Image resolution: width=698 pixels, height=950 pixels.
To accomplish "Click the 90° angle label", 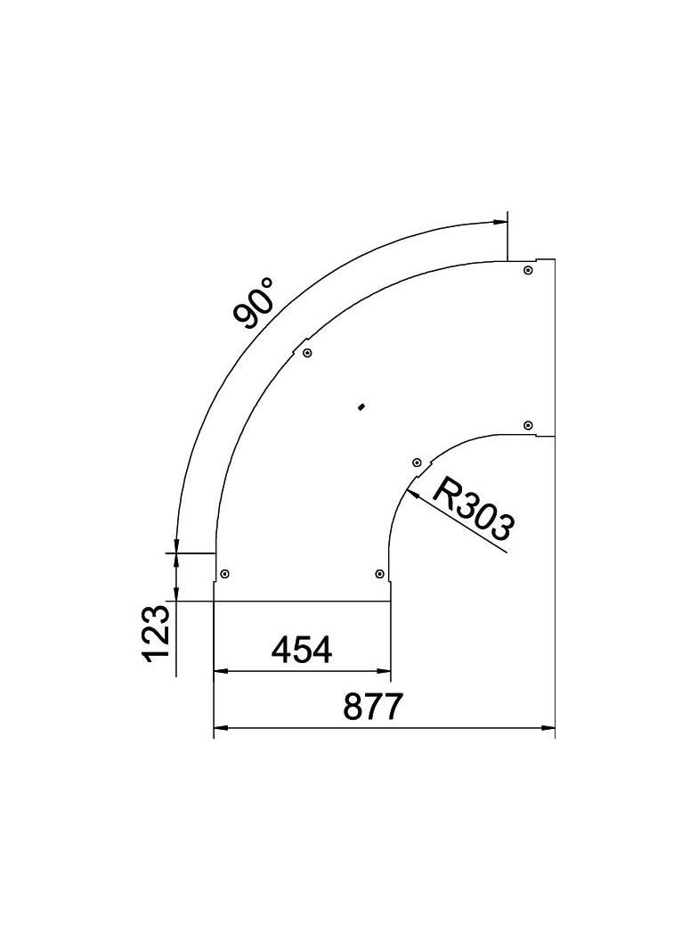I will (253, 303).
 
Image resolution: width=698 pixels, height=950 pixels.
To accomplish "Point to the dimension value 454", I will (302, 651).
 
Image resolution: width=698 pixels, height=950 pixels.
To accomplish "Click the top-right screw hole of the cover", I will (528, 270).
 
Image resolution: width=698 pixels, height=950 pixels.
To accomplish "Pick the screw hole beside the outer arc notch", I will (307, 353).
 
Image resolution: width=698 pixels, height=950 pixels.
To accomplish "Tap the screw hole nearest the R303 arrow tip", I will (416, 463).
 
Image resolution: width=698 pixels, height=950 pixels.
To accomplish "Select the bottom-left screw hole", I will (224, 573).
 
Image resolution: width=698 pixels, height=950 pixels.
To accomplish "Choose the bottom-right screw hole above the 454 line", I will (380, 573).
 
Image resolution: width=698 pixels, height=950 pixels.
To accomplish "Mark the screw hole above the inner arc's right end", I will (528, 424).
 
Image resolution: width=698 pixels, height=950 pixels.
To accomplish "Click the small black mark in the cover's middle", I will (360, 407).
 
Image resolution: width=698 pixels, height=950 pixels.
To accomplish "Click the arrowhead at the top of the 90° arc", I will (499, 222).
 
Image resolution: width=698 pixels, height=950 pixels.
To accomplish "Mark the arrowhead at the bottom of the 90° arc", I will (177, 545).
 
